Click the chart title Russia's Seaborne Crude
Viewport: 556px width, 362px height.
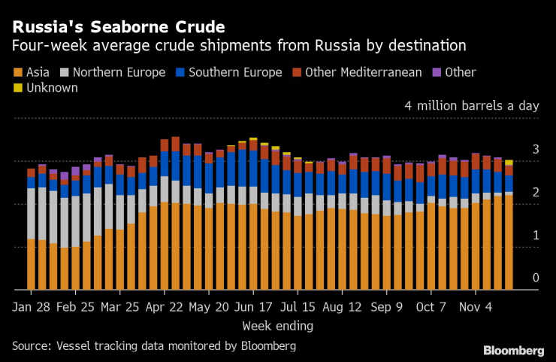[118, 27]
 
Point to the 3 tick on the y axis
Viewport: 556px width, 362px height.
[536, 150]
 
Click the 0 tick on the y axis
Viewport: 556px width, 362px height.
[536, 278]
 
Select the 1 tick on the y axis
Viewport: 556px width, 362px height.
[536, 236]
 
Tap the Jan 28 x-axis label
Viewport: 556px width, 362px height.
[32, 307]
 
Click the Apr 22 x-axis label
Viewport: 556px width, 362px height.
[165, 307]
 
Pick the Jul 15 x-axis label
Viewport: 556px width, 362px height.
[298, 307]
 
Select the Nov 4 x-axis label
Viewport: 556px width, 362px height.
[477, 307]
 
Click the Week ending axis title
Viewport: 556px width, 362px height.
[277, 326]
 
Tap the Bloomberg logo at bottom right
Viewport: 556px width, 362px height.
[513, 350]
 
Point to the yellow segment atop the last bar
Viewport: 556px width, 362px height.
[509, 163]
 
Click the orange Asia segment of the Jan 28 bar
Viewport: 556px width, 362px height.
[32, 263]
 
